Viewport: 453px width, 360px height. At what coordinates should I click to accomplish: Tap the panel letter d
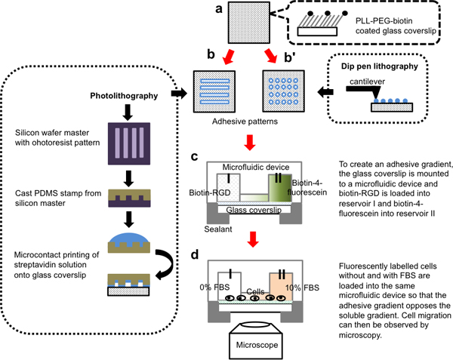point(196,254)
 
